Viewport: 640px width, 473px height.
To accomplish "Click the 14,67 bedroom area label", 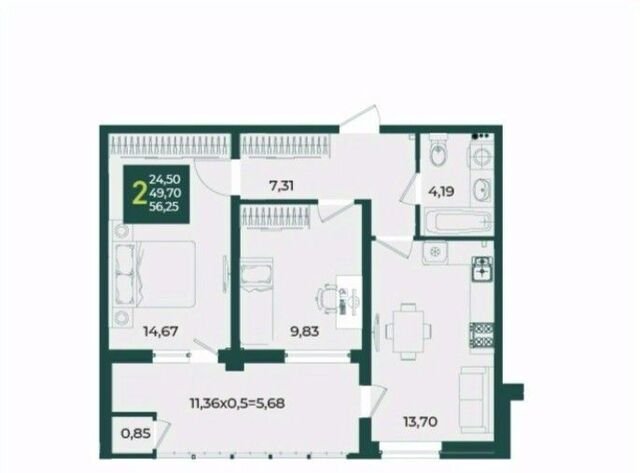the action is click(160, 331).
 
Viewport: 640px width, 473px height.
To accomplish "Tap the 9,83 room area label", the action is click(304, 331).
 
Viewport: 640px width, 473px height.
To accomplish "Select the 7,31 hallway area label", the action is click(282, 186).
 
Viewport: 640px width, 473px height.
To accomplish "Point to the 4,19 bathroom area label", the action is click(441, 191).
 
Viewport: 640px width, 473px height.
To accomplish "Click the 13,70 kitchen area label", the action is click(420, 421).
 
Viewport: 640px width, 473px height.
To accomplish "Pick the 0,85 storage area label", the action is click(136, 433).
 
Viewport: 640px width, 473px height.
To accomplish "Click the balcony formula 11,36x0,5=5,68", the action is click(237, 403).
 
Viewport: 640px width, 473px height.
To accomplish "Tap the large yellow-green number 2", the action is click(140, 193).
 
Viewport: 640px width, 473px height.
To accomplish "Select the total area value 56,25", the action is click(164, 207).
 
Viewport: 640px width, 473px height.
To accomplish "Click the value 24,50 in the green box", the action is click(165, 179).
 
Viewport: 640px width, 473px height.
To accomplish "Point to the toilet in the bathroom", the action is click(438, 151).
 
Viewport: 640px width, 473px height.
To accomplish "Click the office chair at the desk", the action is click(327, 299).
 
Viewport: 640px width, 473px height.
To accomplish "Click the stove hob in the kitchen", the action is click(482, 335).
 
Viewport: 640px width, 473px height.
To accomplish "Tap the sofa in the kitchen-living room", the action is click(475, 399).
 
